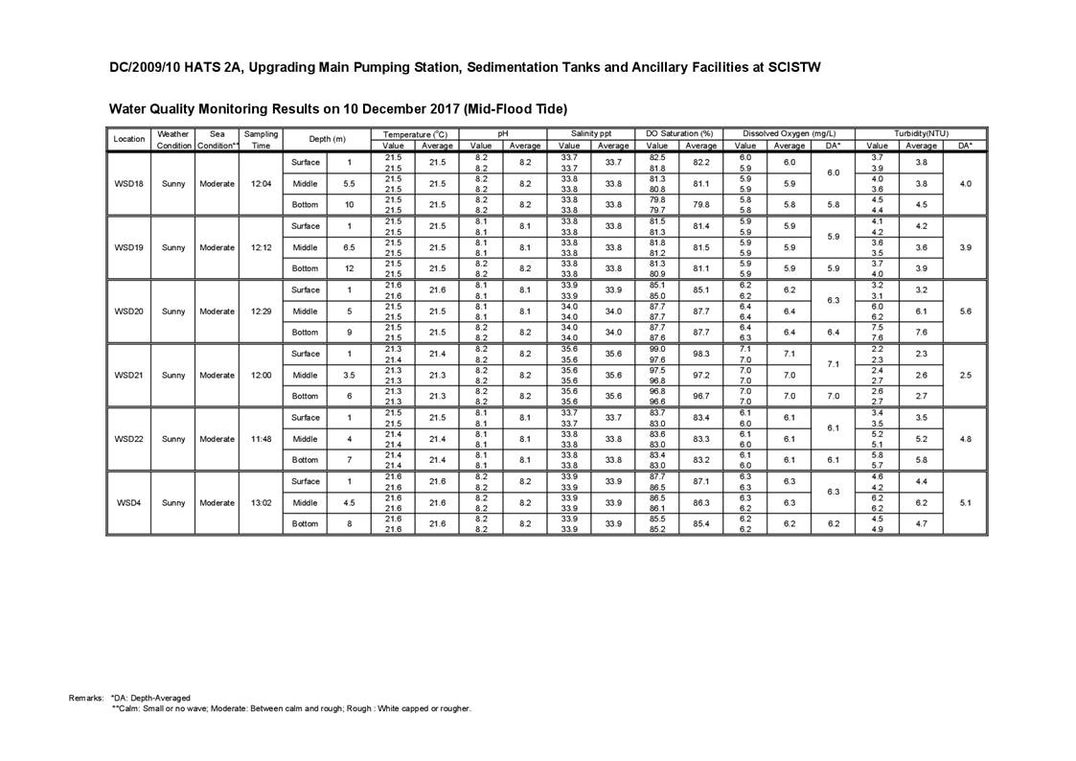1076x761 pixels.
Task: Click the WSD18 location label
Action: pyautogui.click(x=128, y=184)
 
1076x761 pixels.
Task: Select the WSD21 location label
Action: pyautogui.click(x=128, y=375)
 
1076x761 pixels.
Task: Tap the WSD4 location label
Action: pyautogui.click(x=128, y=502)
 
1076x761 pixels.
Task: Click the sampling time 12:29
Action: pyautogui.click(x=261, y=311)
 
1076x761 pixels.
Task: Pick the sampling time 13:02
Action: pyautogui.click(x=261, y=502)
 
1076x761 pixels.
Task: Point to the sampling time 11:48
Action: pyautogui.click(x=261, y=439)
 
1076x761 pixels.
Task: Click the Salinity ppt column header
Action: pyautogui.click(x=591, y=134)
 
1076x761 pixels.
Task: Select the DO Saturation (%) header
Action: pyautogui.click(x=680, y=134)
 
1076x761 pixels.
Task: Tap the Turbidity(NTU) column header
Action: pyautogui.click(x=921, y=134)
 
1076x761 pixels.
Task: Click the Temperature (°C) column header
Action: pyautogui.click(x=415, y=134)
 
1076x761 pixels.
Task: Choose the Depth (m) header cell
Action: pyautogui.click(x=327, y=140)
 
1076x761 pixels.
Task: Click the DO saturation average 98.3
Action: pyautogui.click(x=701, y=354)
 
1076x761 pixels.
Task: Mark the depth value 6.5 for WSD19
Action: pyautogui.click(x=349, y=247)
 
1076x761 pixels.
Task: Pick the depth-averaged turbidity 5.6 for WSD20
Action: pyautogui.click(x=965, y=311)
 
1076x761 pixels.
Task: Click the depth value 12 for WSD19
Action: pyautogui.click(x=349, y=268)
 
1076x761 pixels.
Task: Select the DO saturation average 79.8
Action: pyautogui.click(x=701, y=204)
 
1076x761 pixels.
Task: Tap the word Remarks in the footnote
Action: pyautogui.click(x=86, y=698)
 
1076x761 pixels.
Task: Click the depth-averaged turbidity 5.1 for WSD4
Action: pyautogui.click(x=965, y=502)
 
